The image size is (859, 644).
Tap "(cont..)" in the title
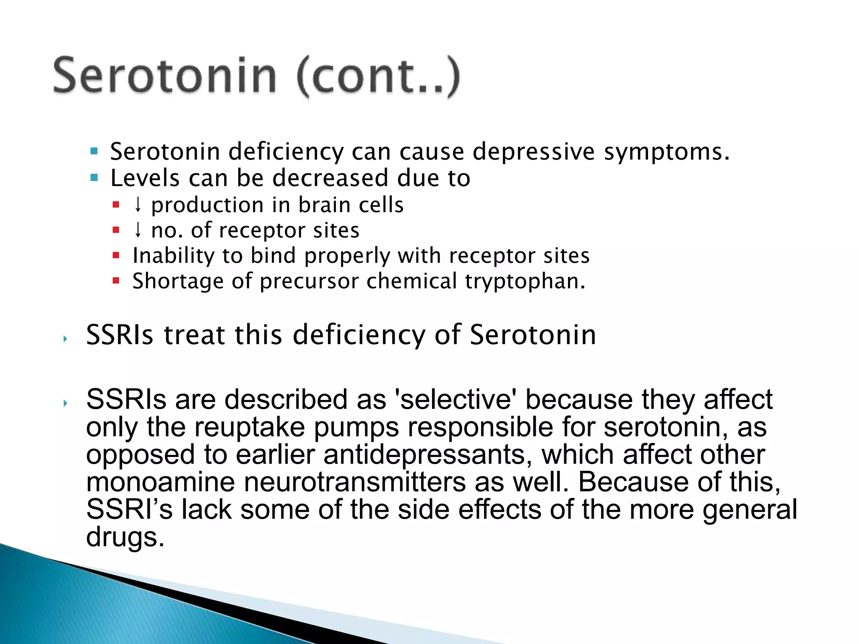click(378, 76)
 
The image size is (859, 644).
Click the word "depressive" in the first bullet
click(534, 151)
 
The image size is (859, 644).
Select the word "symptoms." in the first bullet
click(666, 151)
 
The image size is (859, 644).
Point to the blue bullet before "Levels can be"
click(94, 178)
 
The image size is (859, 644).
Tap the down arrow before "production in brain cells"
click(138, 205)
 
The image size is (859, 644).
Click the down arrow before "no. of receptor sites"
click(138, 230)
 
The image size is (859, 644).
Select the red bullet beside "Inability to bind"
click(116, 255)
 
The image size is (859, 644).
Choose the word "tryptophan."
click(525, 281)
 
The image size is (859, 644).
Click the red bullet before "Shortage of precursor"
click(116, 280)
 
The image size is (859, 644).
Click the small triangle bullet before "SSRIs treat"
click(65, 338)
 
